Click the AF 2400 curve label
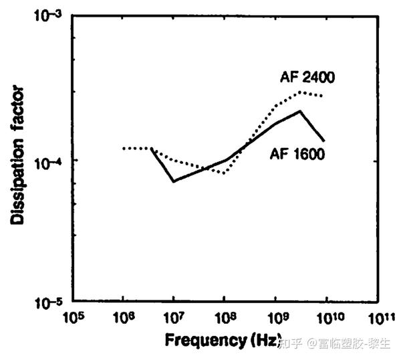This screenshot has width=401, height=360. click(x=307, y=78)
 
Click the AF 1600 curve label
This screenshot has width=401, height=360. click(x=297, y=155)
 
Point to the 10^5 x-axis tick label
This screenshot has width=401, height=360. click(x=72, y=316)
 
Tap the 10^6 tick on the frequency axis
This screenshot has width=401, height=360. click(x=122, y=316)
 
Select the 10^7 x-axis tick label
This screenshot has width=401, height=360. click(x=172, y=316)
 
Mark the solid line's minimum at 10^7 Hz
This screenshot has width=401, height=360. click(x=173, y=181)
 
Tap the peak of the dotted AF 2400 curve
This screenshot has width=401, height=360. click(x=301, y=92)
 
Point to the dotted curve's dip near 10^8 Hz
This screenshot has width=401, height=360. click(x=225, y=173)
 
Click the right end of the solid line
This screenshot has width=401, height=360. click(x=324, y=141)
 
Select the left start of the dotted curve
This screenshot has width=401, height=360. click(x=124, y=148)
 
